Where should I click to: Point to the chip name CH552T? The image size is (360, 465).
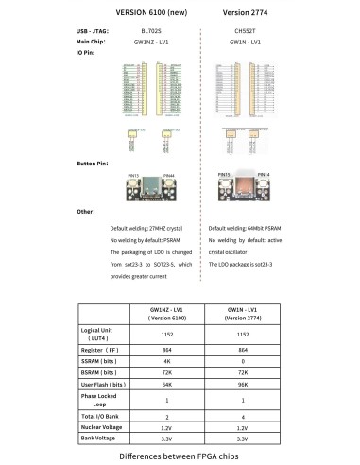coord(245,32)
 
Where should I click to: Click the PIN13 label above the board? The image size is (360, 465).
coord(132,177)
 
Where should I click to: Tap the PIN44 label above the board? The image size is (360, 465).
coord(168,177)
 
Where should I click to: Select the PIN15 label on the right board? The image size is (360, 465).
coord(224,175)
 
